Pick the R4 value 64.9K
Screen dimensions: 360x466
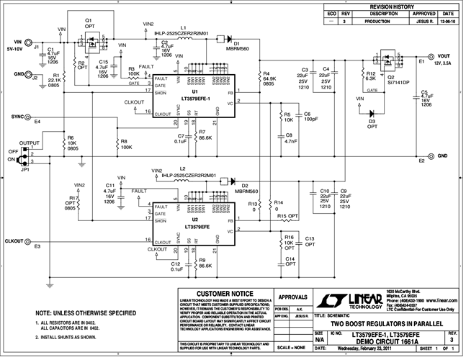tap(271, 79)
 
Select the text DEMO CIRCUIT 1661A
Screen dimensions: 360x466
tap(382, 342)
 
